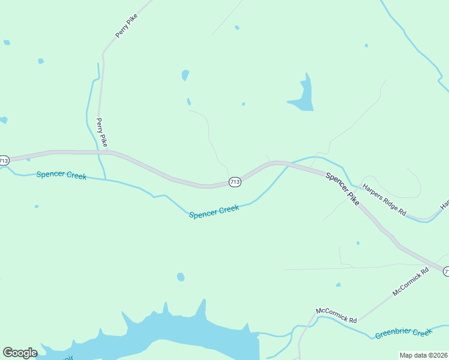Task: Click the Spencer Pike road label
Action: coord(343,189)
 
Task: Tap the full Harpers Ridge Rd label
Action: coord(384,200)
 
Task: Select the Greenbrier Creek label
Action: coord(403,333)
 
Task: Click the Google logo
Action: coord(20,353)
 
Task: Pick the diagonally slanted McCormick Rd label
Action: coord(411,281)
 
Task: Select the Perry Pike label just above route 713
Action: coord(102,132)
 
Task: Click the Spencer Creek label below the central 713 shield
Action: coord(214,211)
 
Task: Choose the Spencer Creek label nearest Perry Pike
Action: coord(61,175)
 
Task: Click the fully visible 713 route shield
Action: coord(235,182)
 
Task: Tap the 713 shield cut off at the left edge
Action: coord(4,160)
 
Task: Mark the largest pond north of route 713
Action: coord(303,97)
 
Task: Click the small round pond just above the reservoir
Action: coord(181,277)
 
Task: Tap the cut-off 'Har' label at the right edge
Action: coord(445,205)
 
